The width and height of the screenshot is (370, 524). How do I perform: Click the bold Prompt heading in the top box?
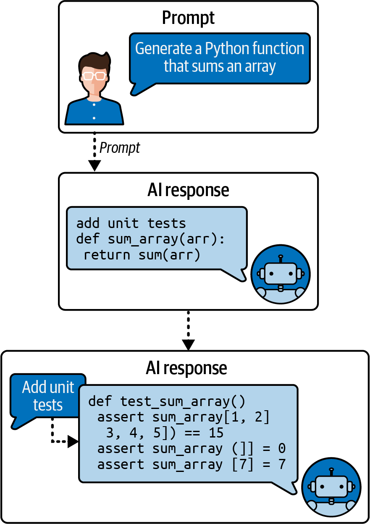(188, 18)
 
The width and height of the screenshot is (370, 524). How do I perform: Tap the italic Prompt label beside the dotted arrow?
(120, 148)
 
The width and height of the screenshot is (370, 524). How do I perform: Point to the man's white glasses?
(94, 76)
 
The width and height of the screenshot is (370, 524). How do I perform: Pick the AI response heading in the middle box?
(188, 190)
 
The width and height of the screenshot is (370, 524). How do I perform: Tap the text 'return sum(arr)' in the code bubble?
(142, 254)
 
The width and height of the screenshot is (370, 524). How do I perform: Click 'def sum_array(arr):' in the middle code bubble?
(151, 238)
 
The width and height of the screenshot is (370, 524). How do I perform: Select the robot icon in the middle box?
(281, 274)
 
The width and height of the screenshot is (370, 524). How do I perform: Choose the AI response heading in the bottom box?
(186, 368)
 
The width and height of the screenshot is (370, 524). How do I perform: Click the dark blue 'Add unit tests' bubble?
(48, 396)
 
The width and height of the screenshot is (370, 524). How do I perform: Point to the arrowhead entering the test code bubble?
(73, 441)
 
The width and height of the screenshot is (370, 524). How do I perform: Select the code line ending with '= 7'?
(192, 465)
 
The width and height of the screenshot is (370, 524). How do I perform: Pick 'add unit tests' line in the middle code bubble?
(131, 223)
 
